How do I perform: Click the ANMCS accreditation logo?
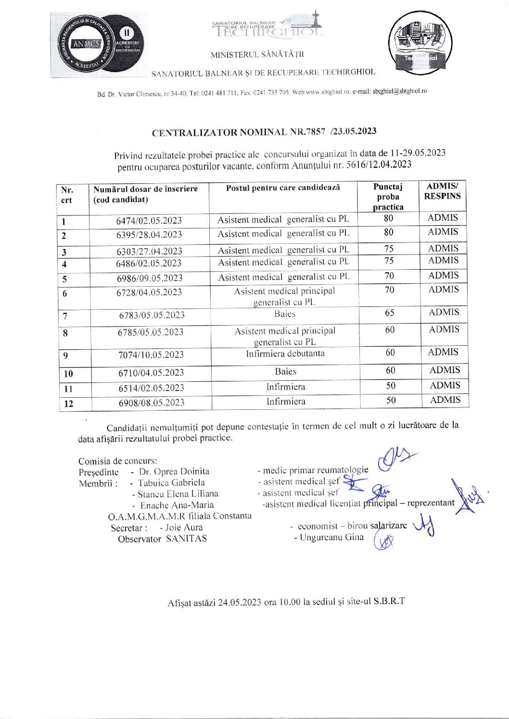pyautogui.click(x=99, y=44)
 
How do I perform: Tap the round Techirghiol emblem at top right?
pyautogui.click(x=421, y=43)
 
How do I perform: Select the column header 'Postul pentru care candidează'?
pyautogui.click(x=283, y=188)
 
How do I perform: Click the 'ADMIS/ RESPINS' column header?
pyautogui.click(x=442, y=191)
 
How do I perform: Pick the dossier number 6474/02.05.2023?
pyautogui.click(x=149, y=220)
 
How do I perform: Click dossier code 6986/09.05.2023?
pyautogui.click(x=150, y=278)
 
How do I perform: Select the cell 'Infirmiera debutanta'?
pyautogui.click(x=285, y=353)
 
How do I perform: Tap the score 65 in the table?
pyautogui.click(x=390, y=313)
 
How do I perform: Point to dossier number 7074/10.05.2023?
pyautogui.click(x=151, y=355)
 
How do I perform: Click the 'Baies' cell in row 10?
pyautogui.click(x=286, y=371)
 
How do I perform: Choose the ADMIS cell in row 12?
pyautogui.click(x=445, y=400)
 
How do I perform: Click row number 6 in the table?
pyautogui.click(x=64, y=293)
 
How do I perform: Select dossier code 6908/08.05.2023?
pyautogui.click(x=152, y=403)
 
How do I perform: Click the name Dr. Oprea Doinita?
pyautogui.click(x=174, y=471)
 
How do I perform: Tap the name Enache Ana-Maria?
pyautogui.click(x=177, y=505)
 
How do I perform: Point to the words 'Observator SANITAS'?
pyautogui.click(x=162, y=539)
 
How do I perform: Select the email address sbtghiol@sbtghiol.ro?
pyautogui.click(x=399, y=91)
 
